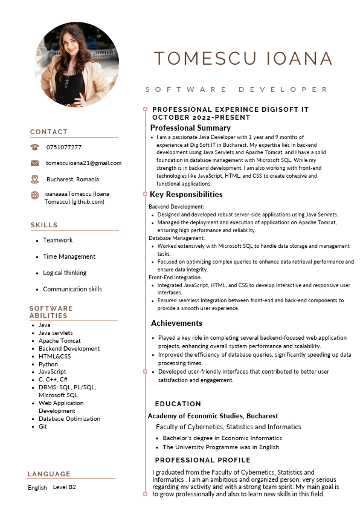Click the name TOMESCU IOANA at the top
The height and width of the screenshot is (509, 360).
(243, 59)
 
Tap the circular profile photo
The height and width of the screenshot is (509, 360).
(77, 65)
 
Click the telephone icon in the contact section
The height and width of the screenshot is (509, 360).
(34, 147)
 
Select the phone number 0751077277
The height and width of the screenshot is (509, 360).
(64, 147)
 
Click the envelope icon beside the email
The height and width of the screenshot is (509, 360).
(34, 163)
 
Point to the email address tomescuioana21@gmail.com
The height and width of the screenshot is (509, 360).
(83, 163)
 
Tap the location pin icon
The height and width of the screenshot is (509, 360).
(34, 179)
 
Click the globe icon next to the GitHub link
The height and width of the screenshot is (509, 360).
(34, 195)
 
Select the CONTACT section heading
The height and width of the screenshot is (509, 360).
(49, 132)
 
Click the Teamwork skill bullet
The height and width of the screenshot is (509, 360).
(57, 240)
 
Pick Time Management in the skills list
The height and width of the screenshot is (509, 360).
(69, 256)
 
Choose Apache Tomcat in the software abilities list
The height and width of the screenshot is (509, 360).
(59, 341)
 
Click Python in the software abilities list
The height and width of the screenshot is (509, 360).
(48, 365)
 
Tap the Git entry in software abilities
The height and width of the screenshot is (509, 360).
(42, 427)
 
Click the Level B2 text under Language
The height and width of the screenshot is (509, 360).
(65, 487)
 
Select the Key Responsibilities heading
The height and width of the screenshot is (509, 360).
(186, 195)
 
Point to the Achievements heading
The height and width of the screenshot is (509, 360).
(176, 323)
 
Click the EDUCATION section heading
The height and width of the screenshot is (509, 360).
(178, 404)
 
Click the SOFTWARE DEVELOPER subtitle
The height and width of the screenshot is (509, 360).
(236, 89)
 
